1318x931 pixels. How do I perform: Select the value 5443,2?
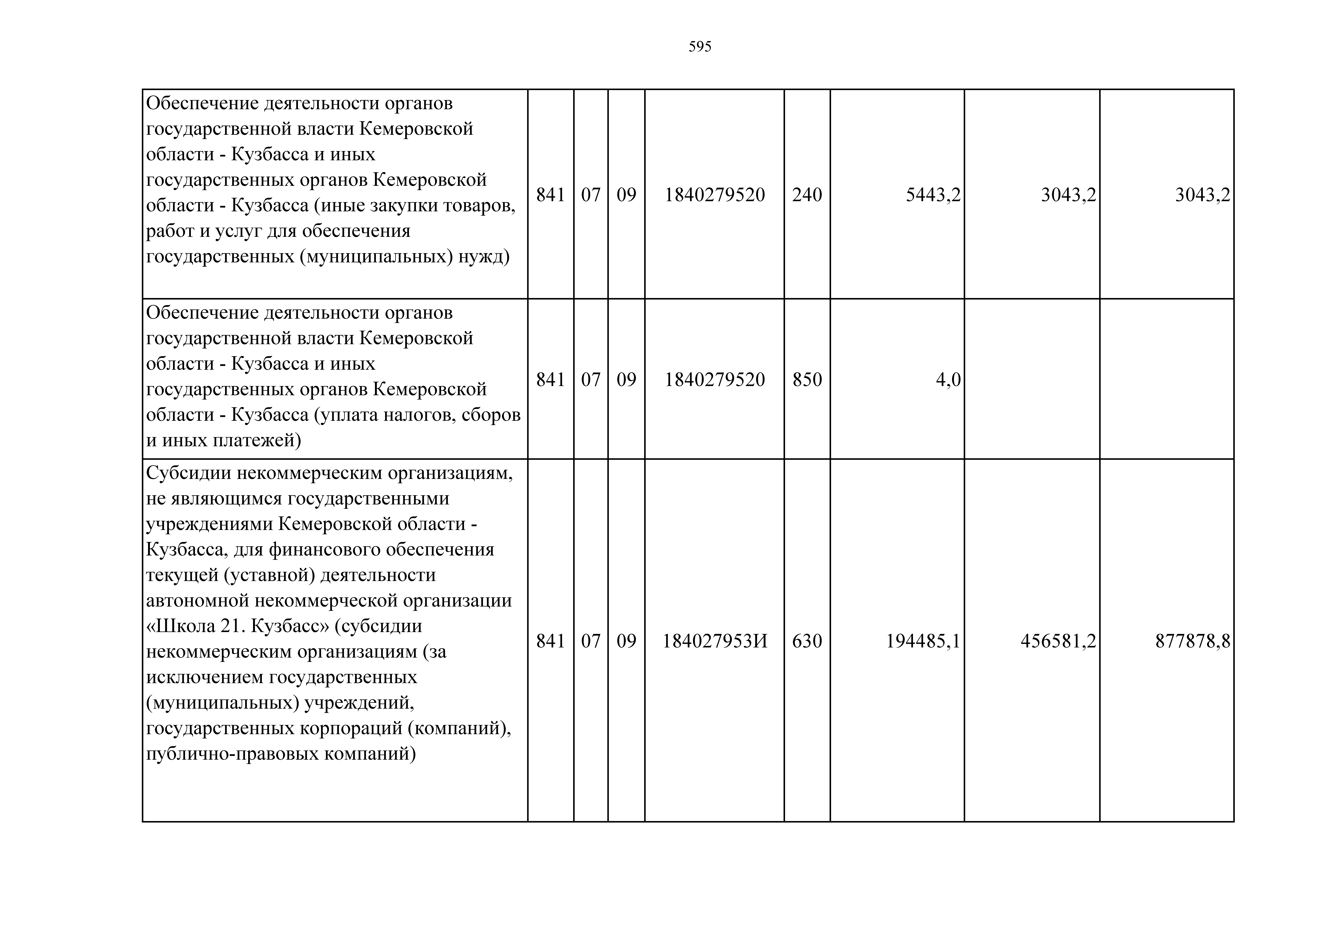(x=933, y=195)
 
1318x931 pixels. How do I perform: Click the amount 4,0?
(x=948, y=380)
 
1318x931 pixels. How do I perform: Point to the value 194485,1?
(x=923, y=641)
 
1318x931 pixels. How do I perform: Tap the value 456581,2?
(x=1058, y=641)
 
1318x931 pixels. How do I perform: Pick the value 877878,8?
(x=1193, y=641)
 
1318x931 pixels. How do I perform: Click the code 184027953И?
(x=715, y=641)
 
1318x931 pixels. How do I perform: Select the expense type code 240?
(x=807, y=195)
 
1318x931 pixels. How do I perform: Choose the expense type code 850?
(x=807, y=380)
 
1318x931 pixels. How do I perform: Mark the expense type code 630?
(x=807, y=641)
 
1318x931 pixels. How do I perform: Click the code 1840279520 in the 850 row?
(x=715, y=380)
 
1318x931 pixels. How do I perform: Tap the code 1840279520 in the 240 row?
(x=715, y=195)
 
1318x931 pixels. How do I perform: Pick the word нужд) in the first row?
(x=483, y=256)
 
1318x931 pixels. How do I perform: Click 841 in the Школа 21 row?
(x=550, y=641)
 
